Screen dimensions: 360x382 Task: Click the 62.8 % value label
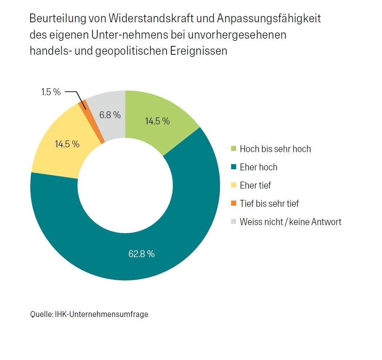pyautogui.click(x=141, y=254)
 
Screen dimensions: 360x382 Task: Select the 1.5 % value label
pyautogui.click(x=51, y=92)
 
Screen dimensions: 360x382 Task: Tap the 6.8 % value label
pyautogui.click(x=110, y=115)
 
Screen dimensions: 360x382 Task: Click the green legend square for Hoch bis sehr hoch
pyautogui.click(x=234, y=149)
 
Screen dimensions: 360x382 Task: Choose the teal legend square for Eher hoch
pyautogui.click(x=234, y=167)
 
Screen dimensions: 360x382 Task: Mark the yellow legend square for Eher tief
pyautogui.click(x=234, y=185)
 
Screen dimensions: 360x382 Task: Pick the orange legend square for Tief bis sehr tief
pyautogui.click(x=234, y=204)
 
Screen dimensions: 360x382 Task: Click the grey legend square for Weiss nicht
pyautogui.click(x=234, y=222)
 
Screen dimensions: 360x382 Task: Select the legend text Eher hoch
pyautogui.click(x=258, y=167)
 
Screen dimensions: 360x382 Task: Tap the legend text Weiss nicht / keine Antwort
pyautogui.click(x=291, y=222)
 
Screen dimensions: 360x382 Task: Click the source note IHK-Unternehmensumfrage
pyautogui.click(x=101, y=314)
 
